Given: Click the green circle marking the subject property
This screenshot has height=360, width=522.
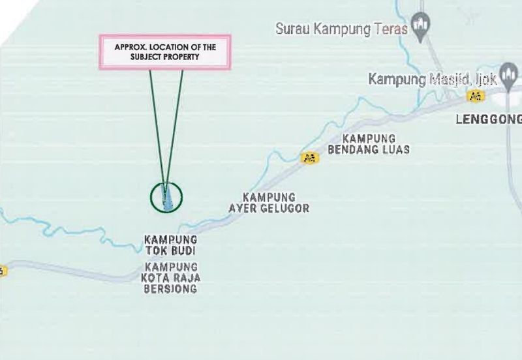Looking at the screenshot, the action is [x=166, y=196].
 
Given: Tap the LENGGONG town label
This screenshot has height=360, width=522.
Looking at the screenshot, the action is [x=488, y=119].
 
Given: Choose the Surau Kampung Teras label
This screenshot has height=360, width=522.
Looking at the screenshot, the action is [x=341, y=29].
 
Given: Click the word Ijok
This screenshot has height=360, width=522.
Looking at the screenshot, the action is [x=486, y=80].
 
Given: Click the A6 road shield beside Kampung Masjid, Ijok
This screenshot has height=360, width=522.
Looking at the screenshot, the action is [x=476, y=96].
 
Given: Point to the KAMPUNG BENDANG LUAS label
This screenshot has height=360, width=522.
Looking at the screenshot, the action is [x=369, y=144].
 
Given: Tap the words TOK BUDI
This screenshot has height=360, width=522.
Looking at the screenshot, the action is [x=170, y=250].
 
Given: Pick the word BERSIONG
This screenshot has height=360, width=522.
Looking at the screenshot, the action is [x=170, y=289].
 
